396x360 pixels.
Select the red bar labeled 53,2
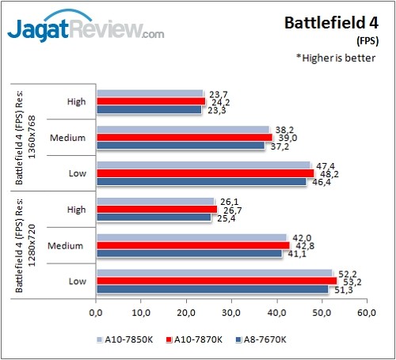click(x=215, y=280)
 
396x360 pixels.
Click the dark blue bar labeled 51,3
click(x=211, y=289)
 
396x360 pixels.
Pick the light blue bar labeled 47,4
click(x=203, y=165)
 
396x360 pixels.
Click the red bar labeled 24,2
click(x=150, y=101)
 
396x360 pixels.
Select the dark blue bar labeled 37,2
click(x=181, y=146)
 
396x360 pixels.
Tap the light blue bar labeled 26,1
click(x=154, y=201)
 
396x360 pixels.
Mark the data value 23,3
click(x=215, y=110)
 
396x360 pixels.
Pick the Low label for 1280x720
click(x=76, y=281)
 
